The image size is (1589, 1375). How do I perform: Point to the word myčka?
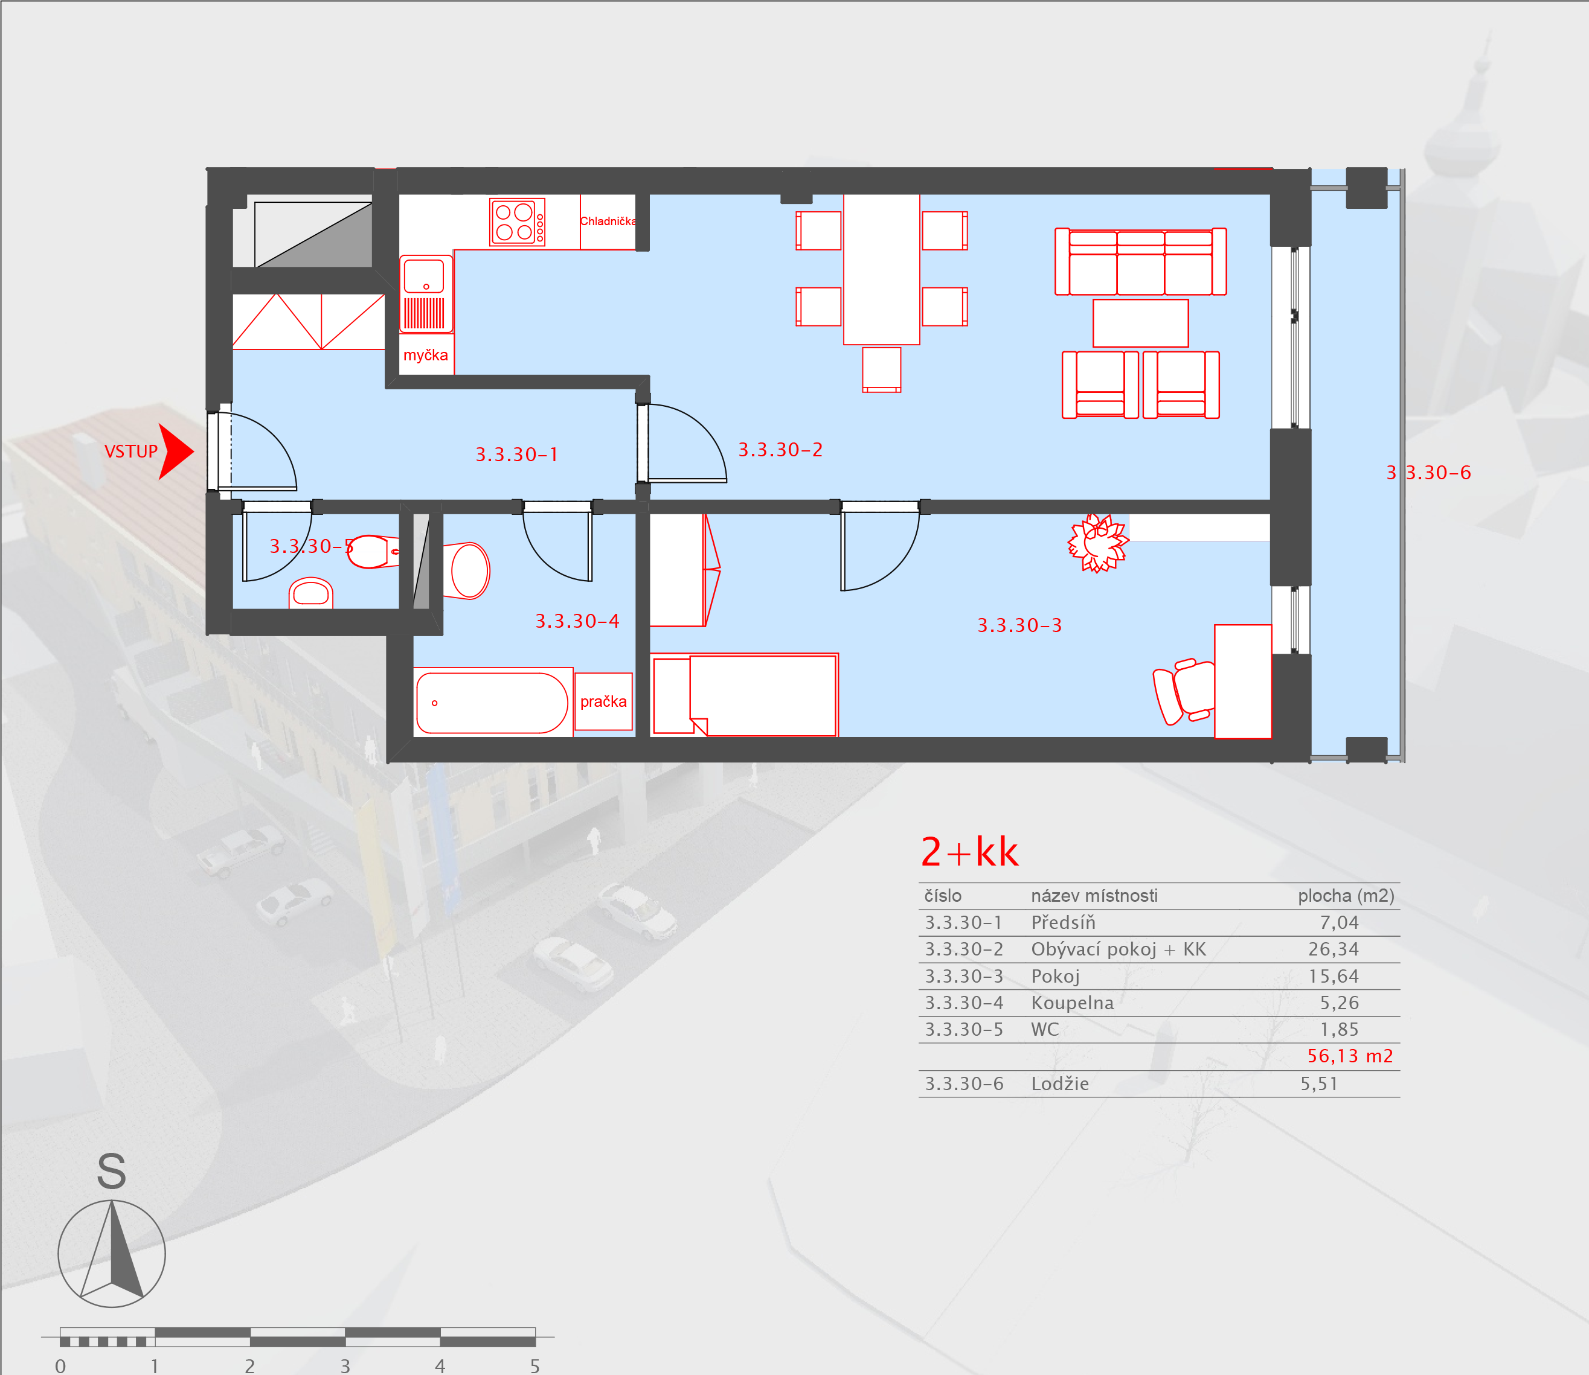[x=425, y=356]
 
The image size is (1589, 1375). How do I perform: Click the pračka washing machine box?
[x=603, y=701]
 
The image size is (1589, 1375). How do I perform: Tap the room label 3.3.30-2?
[x=780, y=450]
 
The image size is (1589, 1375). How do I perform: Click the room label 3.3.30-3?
[x=1019, y=625]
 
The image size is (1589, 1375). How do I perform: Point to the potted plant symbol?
[x=1099, y=543]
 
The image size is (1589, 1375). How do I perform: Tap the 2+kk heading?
[x=969, y=852]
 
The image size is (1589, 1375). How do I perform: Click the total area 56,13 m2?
[x=1349, y=1056]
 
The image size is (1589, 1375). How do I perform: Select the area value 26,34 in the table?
[x=1334, y=949]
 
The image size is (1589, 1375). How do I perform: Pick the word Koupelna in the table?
[x=1071, y=1003]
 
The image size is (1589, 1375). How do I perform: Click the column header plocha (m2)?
[x=1346, y=895]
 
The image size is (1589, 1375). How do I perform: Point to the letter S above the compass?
[x=111, y=1172]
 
